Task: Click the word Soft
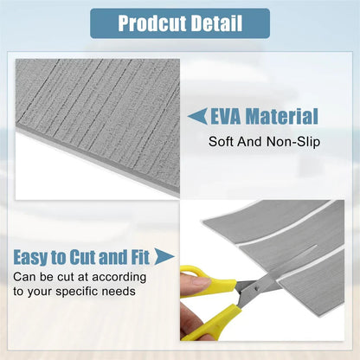[x=222, y=140]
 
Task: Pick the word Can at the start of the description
[x=24, y=277]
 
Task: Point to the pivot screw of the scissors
[x=242, y=292]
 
